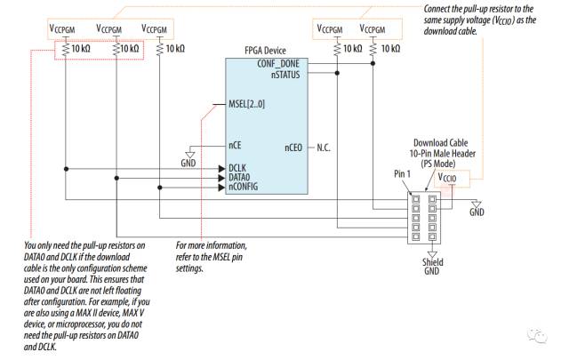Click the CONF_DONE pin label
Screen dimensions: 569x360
pos(278,63)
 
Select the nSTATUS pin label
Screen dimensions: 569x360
pos(285,75)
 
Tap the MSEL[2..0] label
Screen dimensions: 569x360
pos(247,105)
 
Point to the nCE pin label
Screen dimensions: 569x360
pos(235,145)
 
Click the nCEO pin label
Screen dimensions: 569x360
pos(293,148)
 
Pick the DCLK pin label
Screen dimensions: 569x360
pos(237,168)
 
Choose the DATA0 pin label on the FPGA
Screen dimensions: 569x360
pos(239,178)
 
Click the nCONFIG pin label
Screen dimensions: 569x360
pos(243,187)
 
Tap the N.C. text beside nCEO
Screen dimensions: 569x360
pos(324,148)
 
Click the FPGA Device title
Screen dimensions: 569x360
pos(265,51)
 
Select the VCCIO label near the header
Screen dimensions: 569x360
pos(447,178)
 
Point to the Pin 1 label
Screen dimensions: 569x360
pos(402,174)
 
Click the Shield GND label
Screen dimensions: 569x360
pos(432,267)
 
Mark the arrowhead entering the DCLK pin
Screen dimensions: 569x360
pos(221,169)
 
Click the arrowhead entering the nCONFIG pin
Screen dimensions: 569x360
pos(221,188)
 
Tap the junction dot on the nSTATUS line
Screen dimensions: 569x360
pos(337,73)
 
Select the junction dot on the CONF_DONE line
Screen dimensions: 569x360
pos(373,63)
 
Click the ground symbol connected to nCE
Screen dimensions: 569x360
pos(190,156)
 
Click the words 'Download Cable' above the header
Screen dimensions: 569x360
pos(441,143)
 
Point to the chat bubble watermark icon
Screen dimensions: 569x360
pos(537,336)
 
